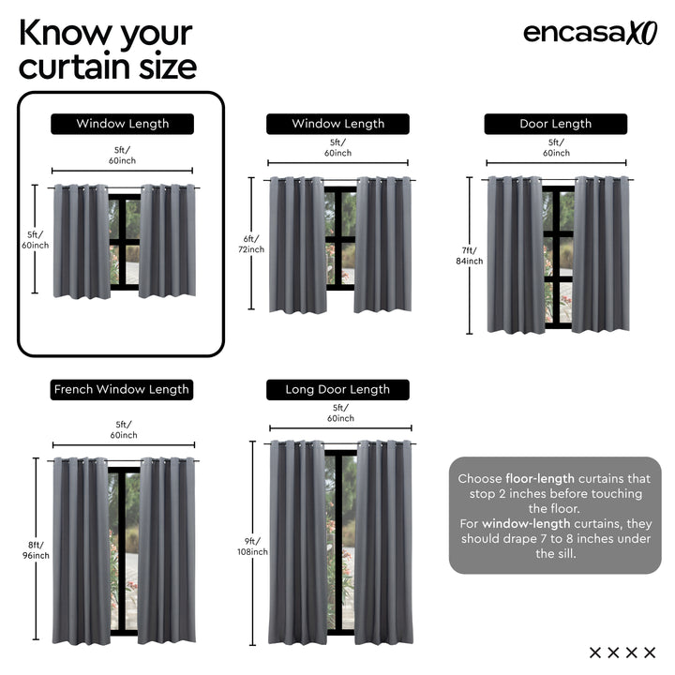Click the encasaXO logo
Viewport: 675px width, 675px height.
tap(590, 32)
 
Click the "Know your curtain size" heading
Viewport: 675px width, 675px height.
tap(107, 49)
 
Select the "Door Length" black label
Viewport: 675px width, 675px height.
tap(555, 124)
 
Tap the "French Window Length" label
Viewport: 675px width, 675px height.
tap(122, 389)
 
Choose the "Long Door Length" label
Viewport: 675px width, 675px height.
tap(337, 389)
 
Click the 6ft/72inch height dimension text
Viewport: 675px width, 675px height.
tap(250, 244)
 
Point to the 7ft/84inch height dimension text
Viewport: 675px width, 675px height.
tap(470, 255)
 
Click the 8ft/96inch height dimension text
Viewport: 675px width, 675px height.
tap(37, 550)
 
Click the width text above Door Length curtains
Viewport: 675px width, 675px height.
tap(556, 147)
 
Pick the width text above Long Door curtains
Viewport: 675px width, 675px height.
tap(339, 412)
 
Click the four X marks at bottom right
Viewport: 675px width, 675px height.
tap(622, 652)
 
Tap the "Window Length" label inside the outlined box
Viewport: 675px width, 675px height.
tap(122, 124)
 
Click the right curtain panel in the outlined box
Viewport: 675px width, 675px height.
tap(168, 240)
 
